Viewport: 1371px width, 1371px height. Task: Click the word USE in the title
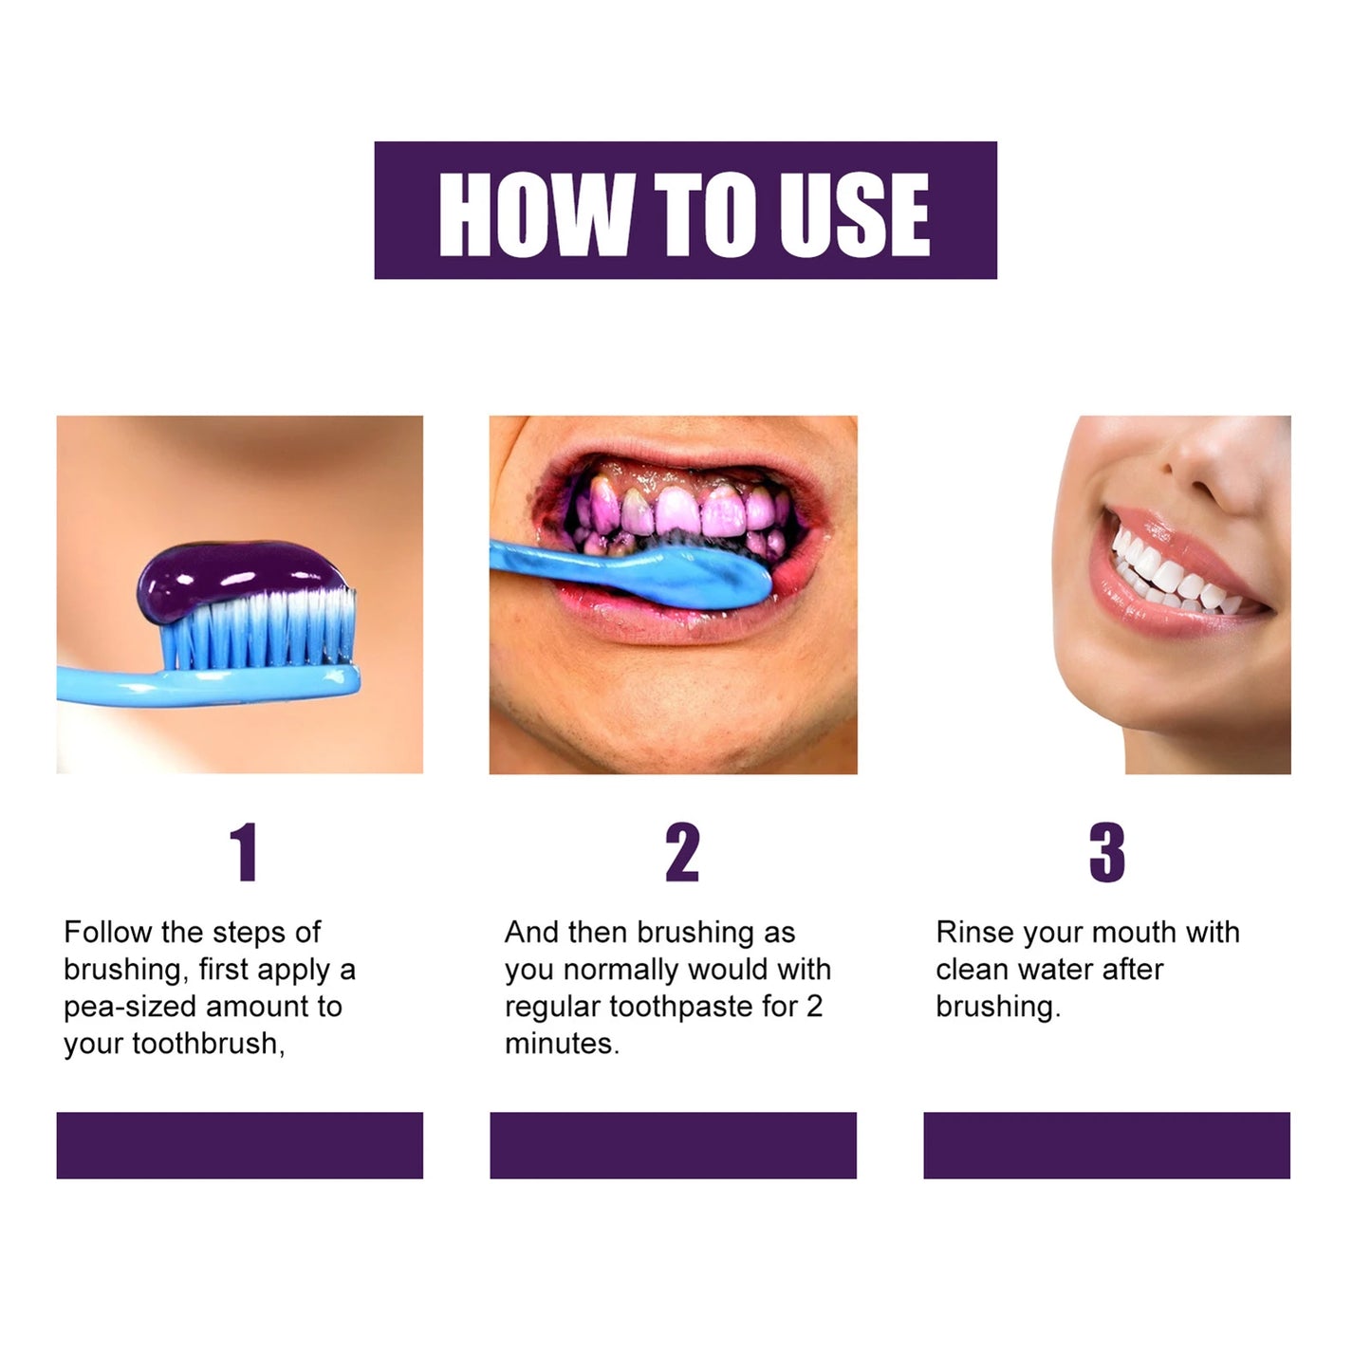pos(853,214)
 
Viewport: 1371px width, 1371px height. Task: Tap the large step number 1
pos(244,853)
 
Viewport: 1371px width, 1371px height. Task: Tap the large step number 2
pos(681,853)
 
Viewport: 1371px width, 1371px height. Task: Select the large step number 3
pos(1106,853)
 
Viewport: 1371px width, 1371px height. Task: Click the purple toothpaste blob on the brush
pos(232,577)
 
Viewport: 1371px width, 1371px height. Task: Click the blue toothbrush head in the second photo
pos(702,574)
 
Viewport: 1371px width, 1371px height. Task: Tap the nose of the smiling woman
pos(1210,465)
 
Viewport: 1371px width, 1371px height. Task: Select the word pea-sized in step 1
pos(130,1007)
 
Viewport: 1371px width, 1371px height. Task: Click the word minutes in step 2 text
pos(561,1044)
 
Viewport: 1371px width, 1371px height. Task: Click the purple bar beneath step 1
pos(239,1145)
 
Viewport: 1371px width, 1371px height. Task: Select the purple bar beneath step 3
pos(1106,1145)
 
